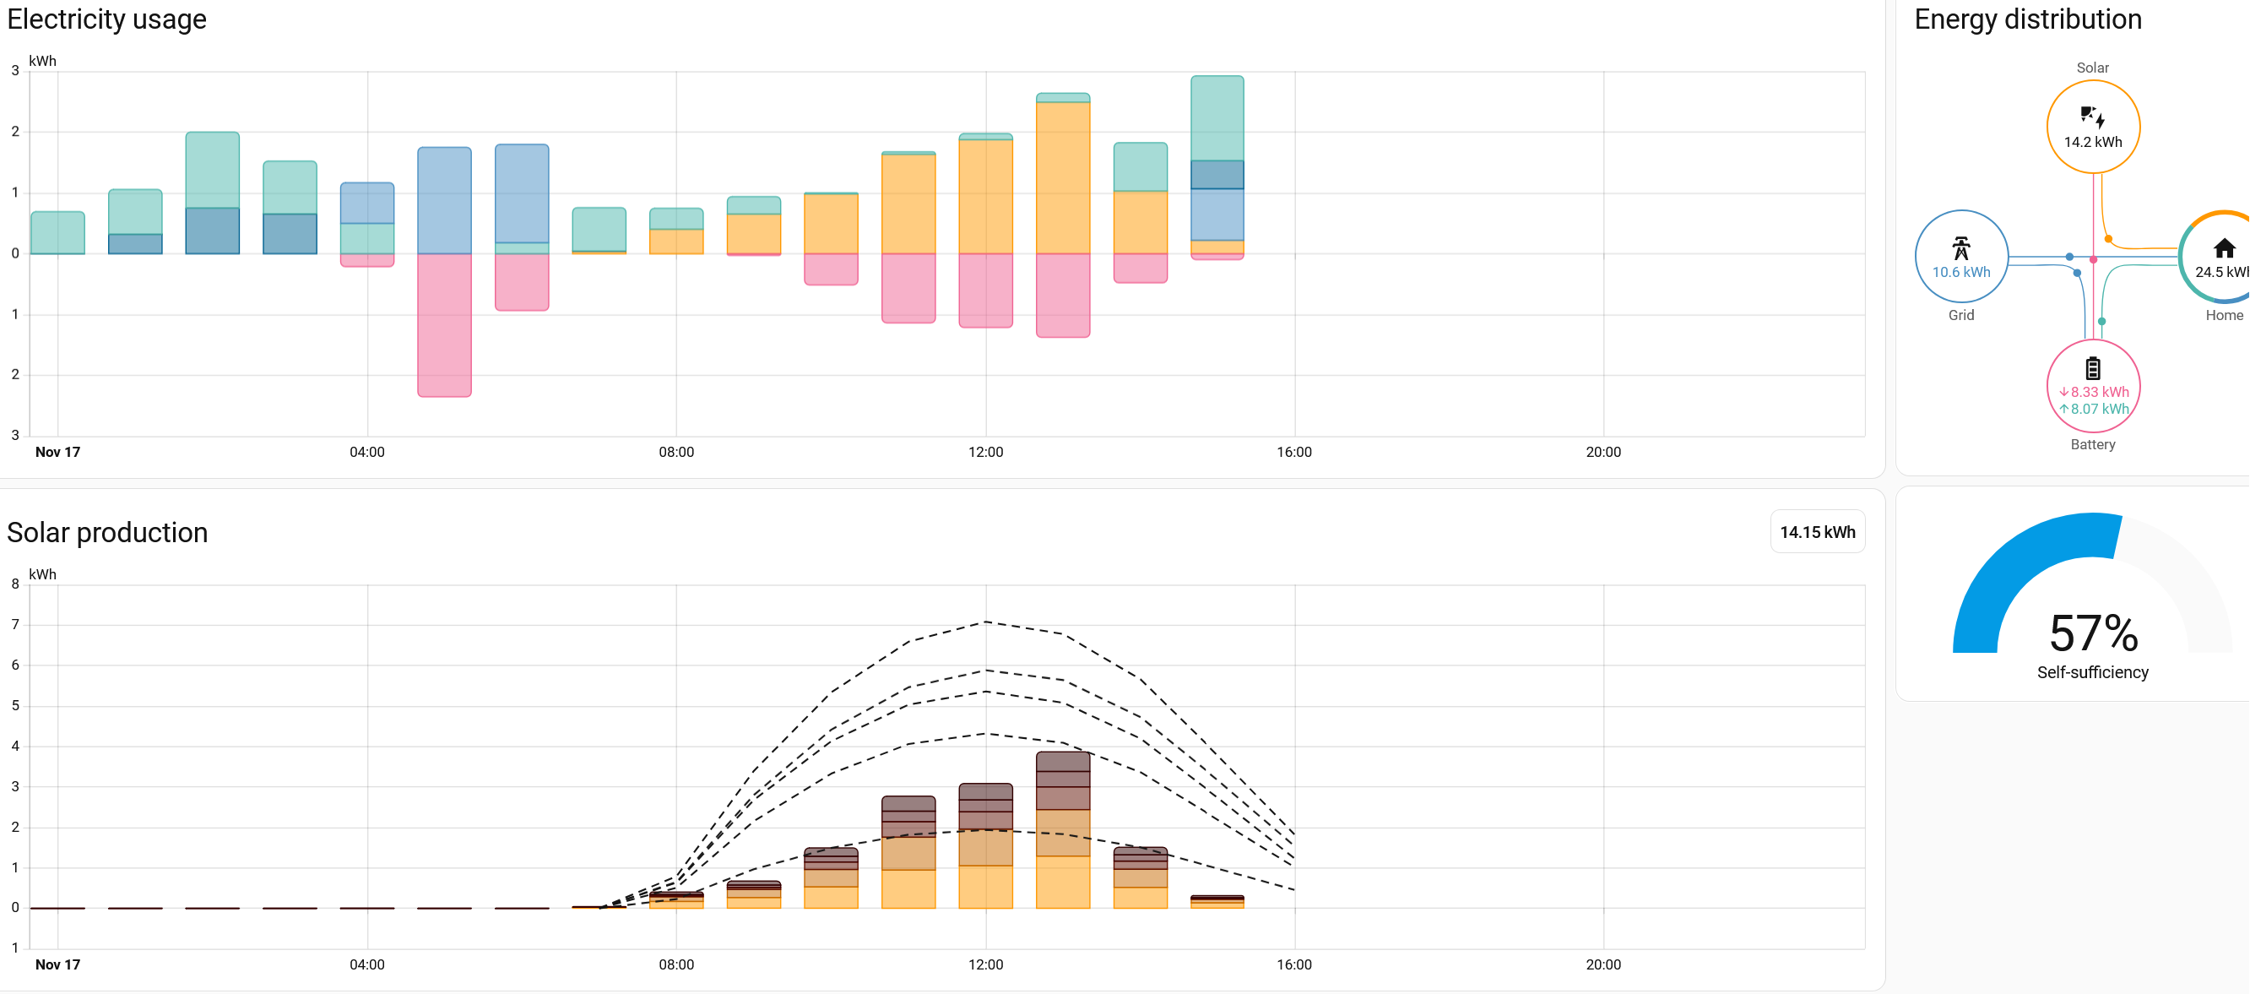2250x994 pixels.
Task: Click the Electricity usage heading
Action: point(106,19)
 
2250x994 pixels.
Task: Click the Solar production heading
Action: point(107,532)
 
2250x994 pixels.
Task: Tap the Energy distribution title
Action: point(2027,19)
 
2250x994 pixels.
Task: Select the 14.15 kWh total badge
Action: point(1817,532)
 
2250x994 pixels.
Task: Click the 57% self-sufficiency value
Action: point(2093,633)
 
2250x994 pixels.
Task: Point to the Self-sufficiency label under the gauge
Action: point(2092,671)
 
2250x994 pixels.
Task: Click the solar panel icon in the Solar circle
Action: point(2092,117)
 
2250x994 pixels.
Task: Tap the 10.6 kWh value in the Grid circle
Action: point(1961,272)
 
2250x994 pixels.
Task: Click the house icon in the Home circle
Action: point(2224,249)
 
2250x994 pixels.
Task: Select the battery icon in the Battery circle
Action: point(2093,367)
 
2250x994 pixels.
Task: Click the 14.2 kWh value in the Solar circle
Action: point(2092,142)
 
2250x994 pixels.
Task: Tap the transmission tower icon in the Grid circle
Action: point(1961,248)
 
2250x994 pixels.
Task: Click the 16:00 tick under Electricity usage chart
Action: point(1293,452)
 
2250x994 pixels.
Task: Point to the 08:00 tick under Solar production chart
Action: point(676,964)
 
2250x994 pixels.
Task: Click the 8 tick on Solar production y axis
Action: point(15,584)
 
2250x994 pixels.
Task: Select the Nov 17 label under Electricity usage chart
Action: point(57,452)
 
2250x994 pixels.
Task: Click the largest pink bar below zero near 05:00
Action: point(445,325)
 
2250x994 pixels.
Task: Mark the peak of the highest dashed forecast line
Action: point(985,622)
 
